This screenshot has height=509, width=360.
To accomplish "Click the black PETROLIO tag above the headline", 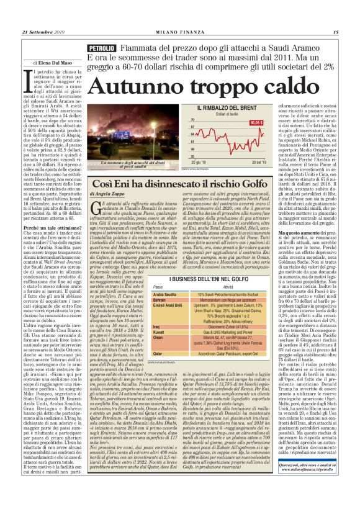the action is (102, 48).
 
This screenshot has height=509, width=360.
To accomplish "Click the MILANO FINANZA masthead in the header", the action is (180, 32).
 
